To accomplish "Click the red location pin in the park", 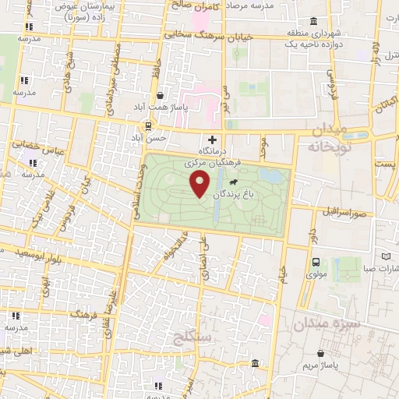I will (200, 184).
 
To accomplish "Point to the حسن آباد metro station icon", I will (149, 125).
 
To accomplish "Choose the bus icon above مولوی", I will (316, 263).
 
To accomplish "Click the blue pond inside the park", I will (271, 176).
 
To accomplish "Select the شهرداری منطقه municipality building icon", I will (312, 21).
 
